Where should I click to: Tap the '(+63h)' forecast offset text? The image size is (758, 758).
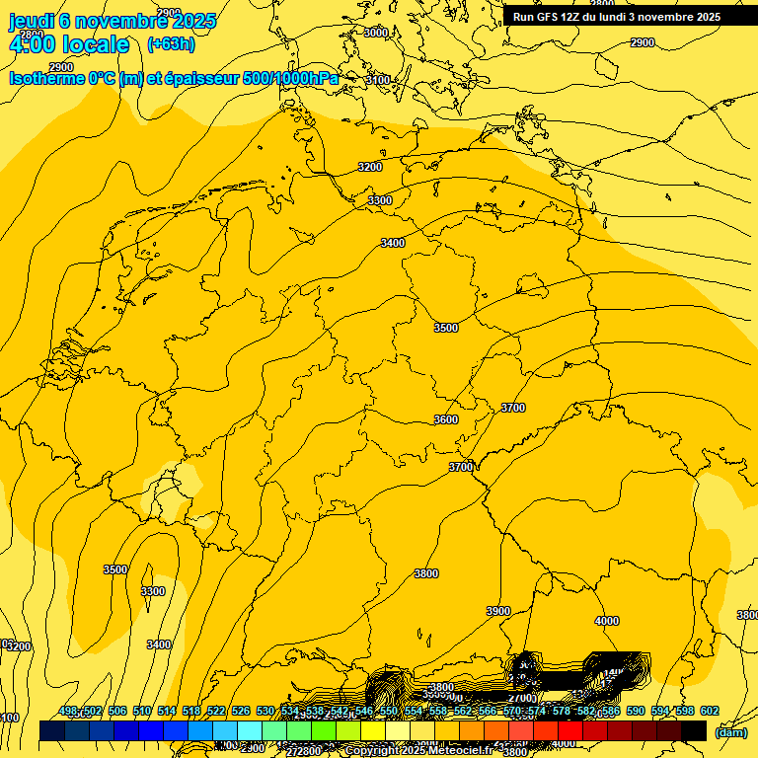(x=171, y=44)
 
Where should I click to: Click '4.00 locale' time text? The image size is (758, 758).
(x=69, y=44)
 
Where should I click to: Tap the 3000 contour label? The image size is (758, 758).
(x=376, y=33)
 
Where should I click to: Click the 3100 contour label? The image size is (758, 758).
(x=378, y=79)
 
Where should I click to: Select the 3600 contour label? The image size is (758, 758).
(x=446, y=419)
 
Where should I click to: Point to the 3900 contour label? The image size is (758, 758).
(x=498, y=611)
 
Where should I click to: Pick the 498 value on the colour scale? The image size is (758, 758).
(x=68, y=712)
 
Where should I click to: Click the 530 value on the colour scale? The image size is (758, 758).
(x=265, y=712)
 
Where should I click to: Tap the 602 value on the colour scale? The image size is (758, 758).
(x=710, y=712)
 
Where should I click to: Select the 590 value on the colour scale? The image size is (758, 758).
(x=636, y=712)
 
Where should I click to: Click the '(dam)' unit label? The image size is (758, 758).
(x=731, y=731)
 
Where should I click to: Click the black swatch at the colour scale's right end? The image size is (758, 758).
(x=694, y=731)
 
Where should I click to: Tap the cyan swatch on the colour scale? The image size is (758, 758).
(x=250, y=731)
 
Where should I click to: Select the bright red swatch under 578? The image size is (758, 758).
(x=570, y=731)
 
